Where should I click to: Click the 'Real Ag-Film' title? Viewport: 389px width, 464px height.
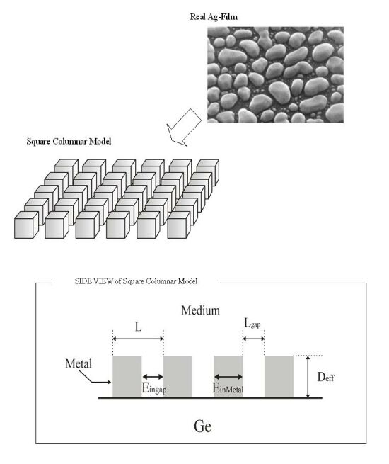click(x=214, y=17)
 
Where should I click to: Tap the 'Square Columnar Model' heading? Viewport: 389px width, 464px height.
click(x=69, y=141)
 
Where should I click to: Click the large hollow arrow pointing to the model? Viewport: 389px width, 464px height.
click(x=184, y=128)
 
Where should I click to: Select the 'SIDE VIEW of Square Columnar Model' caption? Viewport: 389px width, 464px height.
click(x=137, y=281)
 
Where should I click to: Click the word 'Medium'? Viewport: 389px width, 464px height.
click(x=201, y=310)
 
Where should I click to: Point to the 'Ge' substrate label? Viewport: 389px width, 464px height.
click(x=202, y=426)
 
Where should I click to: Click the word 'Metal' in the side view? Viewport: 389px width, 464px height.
click(x=79, y=363)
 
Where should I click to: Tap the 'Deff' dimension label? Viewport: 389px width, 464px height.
click(x=326, y=377)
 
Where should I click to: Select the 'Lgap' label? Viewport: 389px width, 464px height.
click(x=252, y=323)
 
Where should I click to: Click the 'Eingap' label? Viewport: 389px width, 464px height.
click(x=154, y=388)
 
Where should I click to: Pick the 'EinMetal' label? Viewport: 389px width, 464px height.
click(x=228, y=388)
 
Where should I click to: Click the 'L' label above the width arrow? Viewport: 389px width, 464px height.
click(x=138, y=327)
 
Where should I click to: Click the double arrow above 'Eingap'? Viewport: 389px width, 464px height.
click(x=153, y=377)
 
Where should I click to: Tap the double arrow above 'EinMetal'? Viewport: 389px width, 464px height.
click(x=228, y=377)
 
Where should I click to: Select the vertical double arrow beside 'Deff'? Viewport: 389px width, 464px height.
click(x=308, y=377)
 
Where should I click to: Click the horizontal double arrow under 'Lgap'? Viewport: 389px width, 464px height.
click(x=253, y=339)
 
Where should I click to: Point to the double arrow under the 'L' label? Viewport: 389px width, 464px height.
click(x=138, y=339)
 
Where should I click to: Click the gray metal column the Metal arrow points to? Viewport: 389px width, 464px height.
click(x=127, y=376)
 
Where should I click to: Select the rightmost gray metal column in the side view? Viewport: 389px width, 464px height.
click(x=279, y=376)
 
